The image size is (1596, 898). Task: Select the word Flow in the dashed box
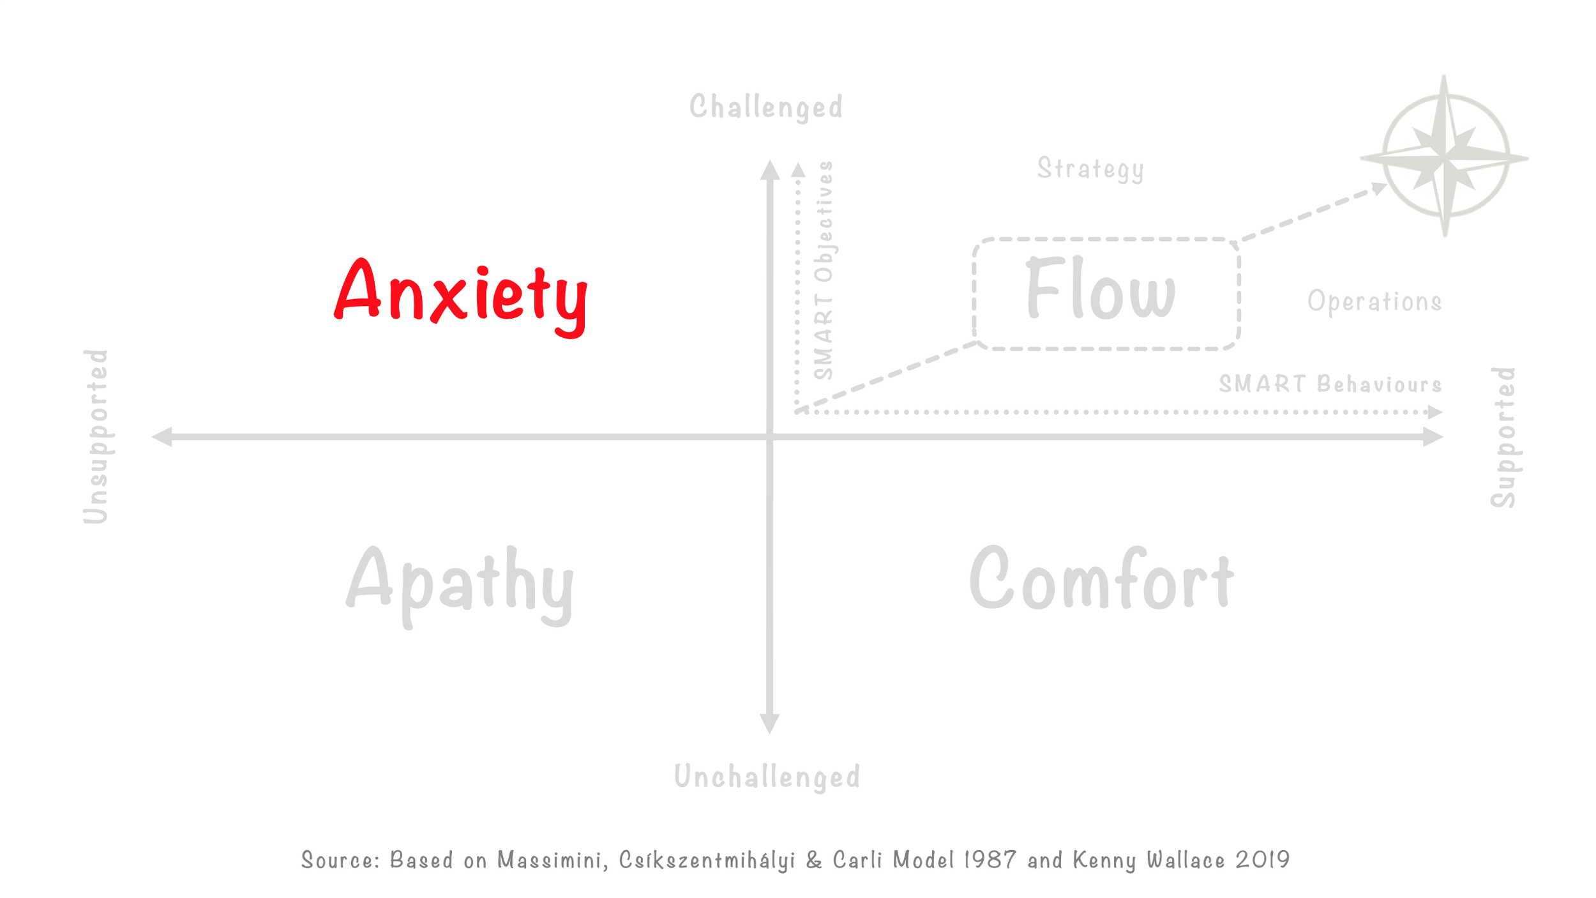(x=1100, y=289)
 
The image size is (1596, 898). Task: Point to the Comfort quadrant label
(x=1101, y=580)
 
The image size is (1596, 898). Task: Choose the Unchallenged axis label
(x=767, y=777)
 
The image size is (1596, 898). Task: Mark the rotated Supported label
(x=1504, y=437)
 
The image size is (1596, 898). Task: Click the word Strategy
(x=1090, y=169)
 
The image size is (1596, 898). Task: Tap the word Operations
(x=1374, y=301)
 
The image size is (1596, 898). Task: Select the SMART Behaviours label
(x=1330, y=384)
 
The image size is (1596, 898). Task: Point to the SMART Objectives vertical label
(x=824, y=271)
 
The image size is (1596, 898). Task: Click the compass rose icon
(x=1445, y=156)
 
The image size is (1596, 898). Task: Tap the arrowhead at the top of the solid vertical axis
(x=770, y=170)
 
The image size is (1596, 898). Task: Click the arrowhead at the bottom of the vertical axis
(x=770, y=723)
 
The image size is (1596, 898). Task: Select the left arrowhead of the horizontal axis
(x=162, y=437)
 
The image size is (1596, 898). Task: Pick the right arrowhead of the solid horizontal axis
(x=1433, y=437)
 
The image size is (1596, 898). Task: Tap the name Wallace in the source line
(x=1186, y=860)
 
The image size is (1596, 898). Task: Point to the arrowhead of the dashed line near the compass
(x=1379, y=188)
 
